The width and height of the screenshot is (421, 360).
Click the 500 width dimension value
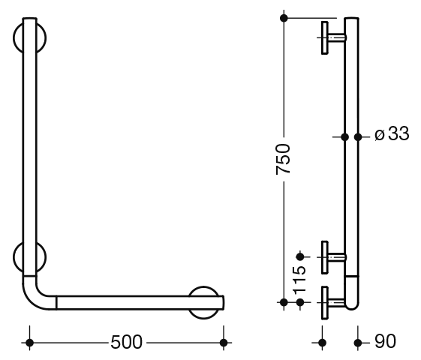click(126, 342)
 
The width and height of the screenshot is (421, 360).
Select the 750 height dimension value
click(283, 159)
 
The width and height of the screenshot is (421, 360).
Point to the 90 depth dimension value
click(385, 341)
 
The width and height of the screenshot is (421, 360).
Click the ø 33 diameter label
click(392, 133)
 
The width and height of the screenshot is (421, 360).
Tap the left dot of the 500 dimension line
click(29, 343)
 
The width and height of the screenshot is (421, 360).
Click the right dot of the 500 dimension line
click(224, 343)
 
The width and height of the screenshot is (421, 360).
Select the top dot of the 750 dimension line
click(284, 18)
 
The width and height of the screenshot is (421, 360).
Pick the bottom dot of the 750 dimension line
click(284, 302)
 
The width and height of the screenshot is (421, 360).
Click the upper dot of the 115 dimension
click(300, 257)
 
